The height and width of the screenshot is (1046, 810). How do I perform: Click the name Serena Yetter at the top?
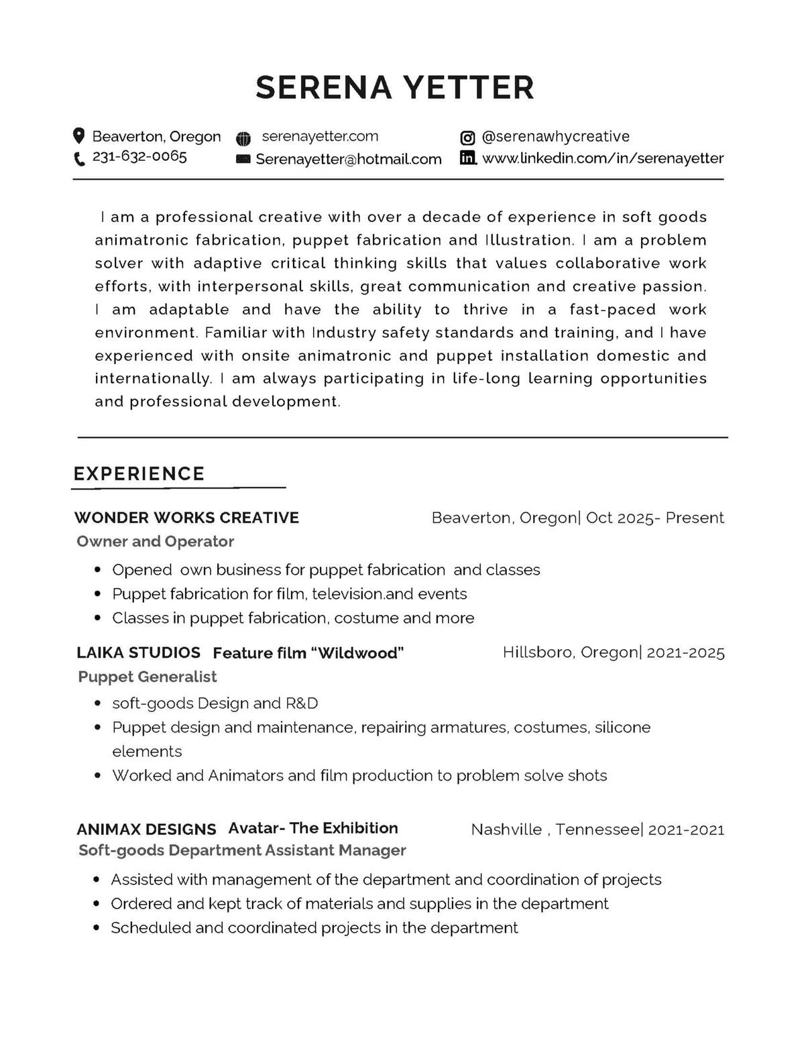tap(395, 87)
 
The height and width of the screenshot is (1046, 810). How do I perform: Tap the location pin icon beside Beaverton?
tap(79, 136)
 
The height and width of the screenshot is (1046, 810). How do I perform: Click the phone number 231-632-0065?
tap(139, 157)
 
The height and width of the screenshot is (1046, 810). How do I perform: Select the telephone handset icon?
tap(79, 159)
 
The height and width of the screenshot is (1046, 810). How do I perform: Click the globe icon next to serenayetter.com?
tap(243, 139)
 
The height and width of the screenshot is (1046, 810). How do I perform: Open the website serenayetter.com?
tap(320, 137)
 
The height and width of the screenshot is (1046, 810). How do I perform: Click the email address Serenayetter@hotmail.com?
tap(349, 160)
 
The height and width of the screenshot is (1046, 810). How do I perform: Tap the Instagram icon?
tap(467, 138)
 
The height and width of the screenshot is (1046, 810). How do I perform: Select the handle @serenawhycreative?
tap(555, 137)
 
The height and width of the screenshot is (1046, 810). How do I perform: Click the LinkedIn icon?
tap(468, 158)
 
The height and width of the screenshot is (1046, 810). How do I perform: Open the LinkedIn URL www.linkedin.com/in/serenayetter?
tap(603, 159)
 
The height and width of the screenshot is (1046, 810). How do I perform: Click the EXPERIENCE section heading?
tap(139, 474)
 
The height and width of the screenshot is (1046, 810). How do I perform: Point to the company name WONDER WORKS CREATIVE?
tap(186, 518)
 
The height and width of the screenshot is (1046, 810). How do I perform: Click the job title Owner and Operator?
tap(155, 541)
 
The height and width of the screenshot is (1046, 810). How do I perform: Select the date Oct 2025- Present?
tap(655, 518)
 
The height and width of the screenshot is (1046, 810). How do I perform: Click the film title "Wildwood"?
tap(357, 653)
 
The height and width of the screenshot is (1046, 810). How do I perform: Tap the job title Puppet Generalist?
tap(148, 677)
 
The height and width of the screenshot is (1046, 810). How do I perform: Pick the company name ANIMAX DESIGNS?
tap(146, 829)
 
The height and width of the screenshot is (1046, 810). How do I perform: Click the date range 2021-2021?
tap(686, 830)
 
